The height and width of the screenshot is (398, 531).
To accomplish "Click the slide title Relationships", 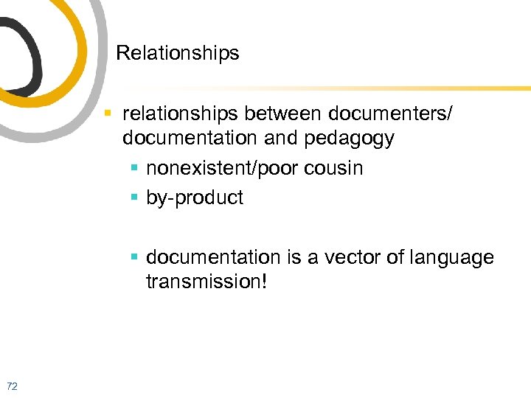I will click(178, 53).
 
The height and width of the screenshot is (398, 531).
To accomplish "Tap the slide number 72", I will click(11, 385).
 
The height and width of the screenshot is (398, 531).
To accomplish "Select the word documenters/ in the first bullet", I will click(392, 114).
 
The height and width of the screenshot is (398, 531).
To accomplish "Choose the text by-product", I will click(195, 198).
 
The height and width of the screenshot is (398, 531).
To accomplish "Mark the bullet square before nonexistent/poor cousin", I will click(135, 168).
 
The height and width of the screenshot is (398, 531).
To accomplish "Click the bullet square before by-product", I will click(135, 198).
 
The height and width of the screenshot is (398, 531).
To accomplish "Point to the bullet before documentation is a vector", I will click(135, 257).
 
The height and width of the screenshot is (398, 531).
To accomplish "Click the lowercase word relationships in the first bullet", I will click(181, 114).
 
